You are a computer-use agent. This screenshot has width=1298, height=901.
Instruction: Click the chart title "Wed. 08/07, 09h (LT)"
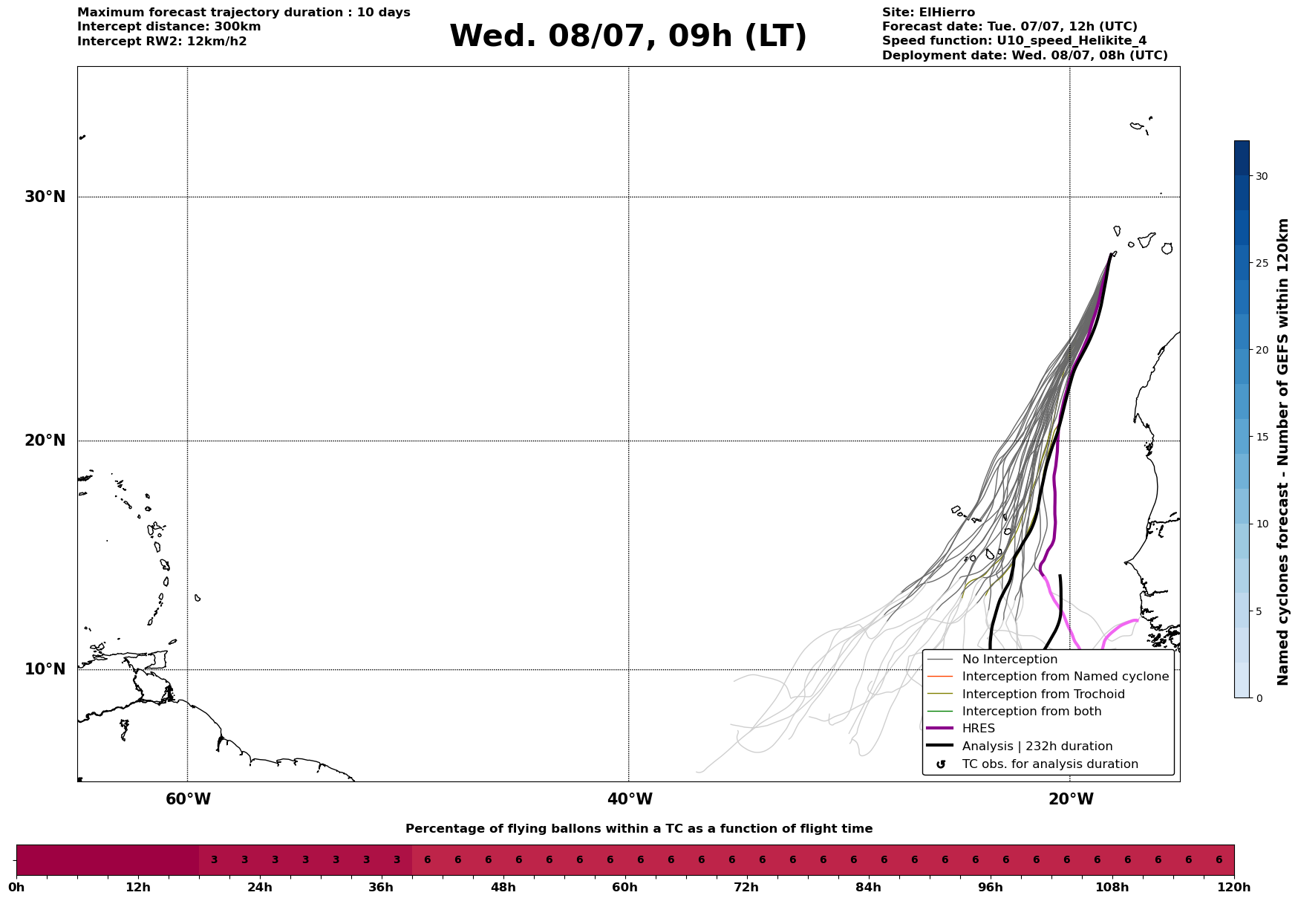tap(628, 36)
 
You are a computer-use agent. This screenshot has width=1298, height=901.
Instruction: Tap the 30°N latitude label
tap(45, 197)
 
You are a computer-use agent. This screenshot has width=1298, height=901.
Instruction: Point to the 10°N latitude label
tap(45, 669)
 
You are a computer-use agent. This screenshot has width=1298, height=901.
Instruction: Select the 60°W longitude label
tap(188, 799)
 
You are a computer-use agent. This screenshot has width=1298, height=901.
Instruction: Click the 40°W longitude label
tap(630, 799)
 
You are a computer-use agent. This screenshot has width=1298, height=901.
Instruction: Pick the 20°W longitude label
tap(1071, 799)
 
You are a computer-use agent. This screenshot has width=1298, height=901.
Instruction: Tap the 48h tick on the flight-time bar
tap(503, 887)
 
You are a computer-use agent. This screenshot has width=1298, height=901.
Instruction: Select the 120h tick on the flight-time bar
tap(1234, 887)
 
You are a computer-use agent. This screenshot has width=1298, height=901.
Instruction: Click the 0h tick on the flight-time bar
tap(16, 887)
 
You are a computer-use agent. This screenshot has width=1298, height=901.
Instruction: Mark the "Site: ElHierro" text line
tap(928, 13)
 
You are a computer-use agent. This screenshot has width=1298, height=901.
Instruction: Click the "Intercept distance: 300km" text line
tap(169, 27)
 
